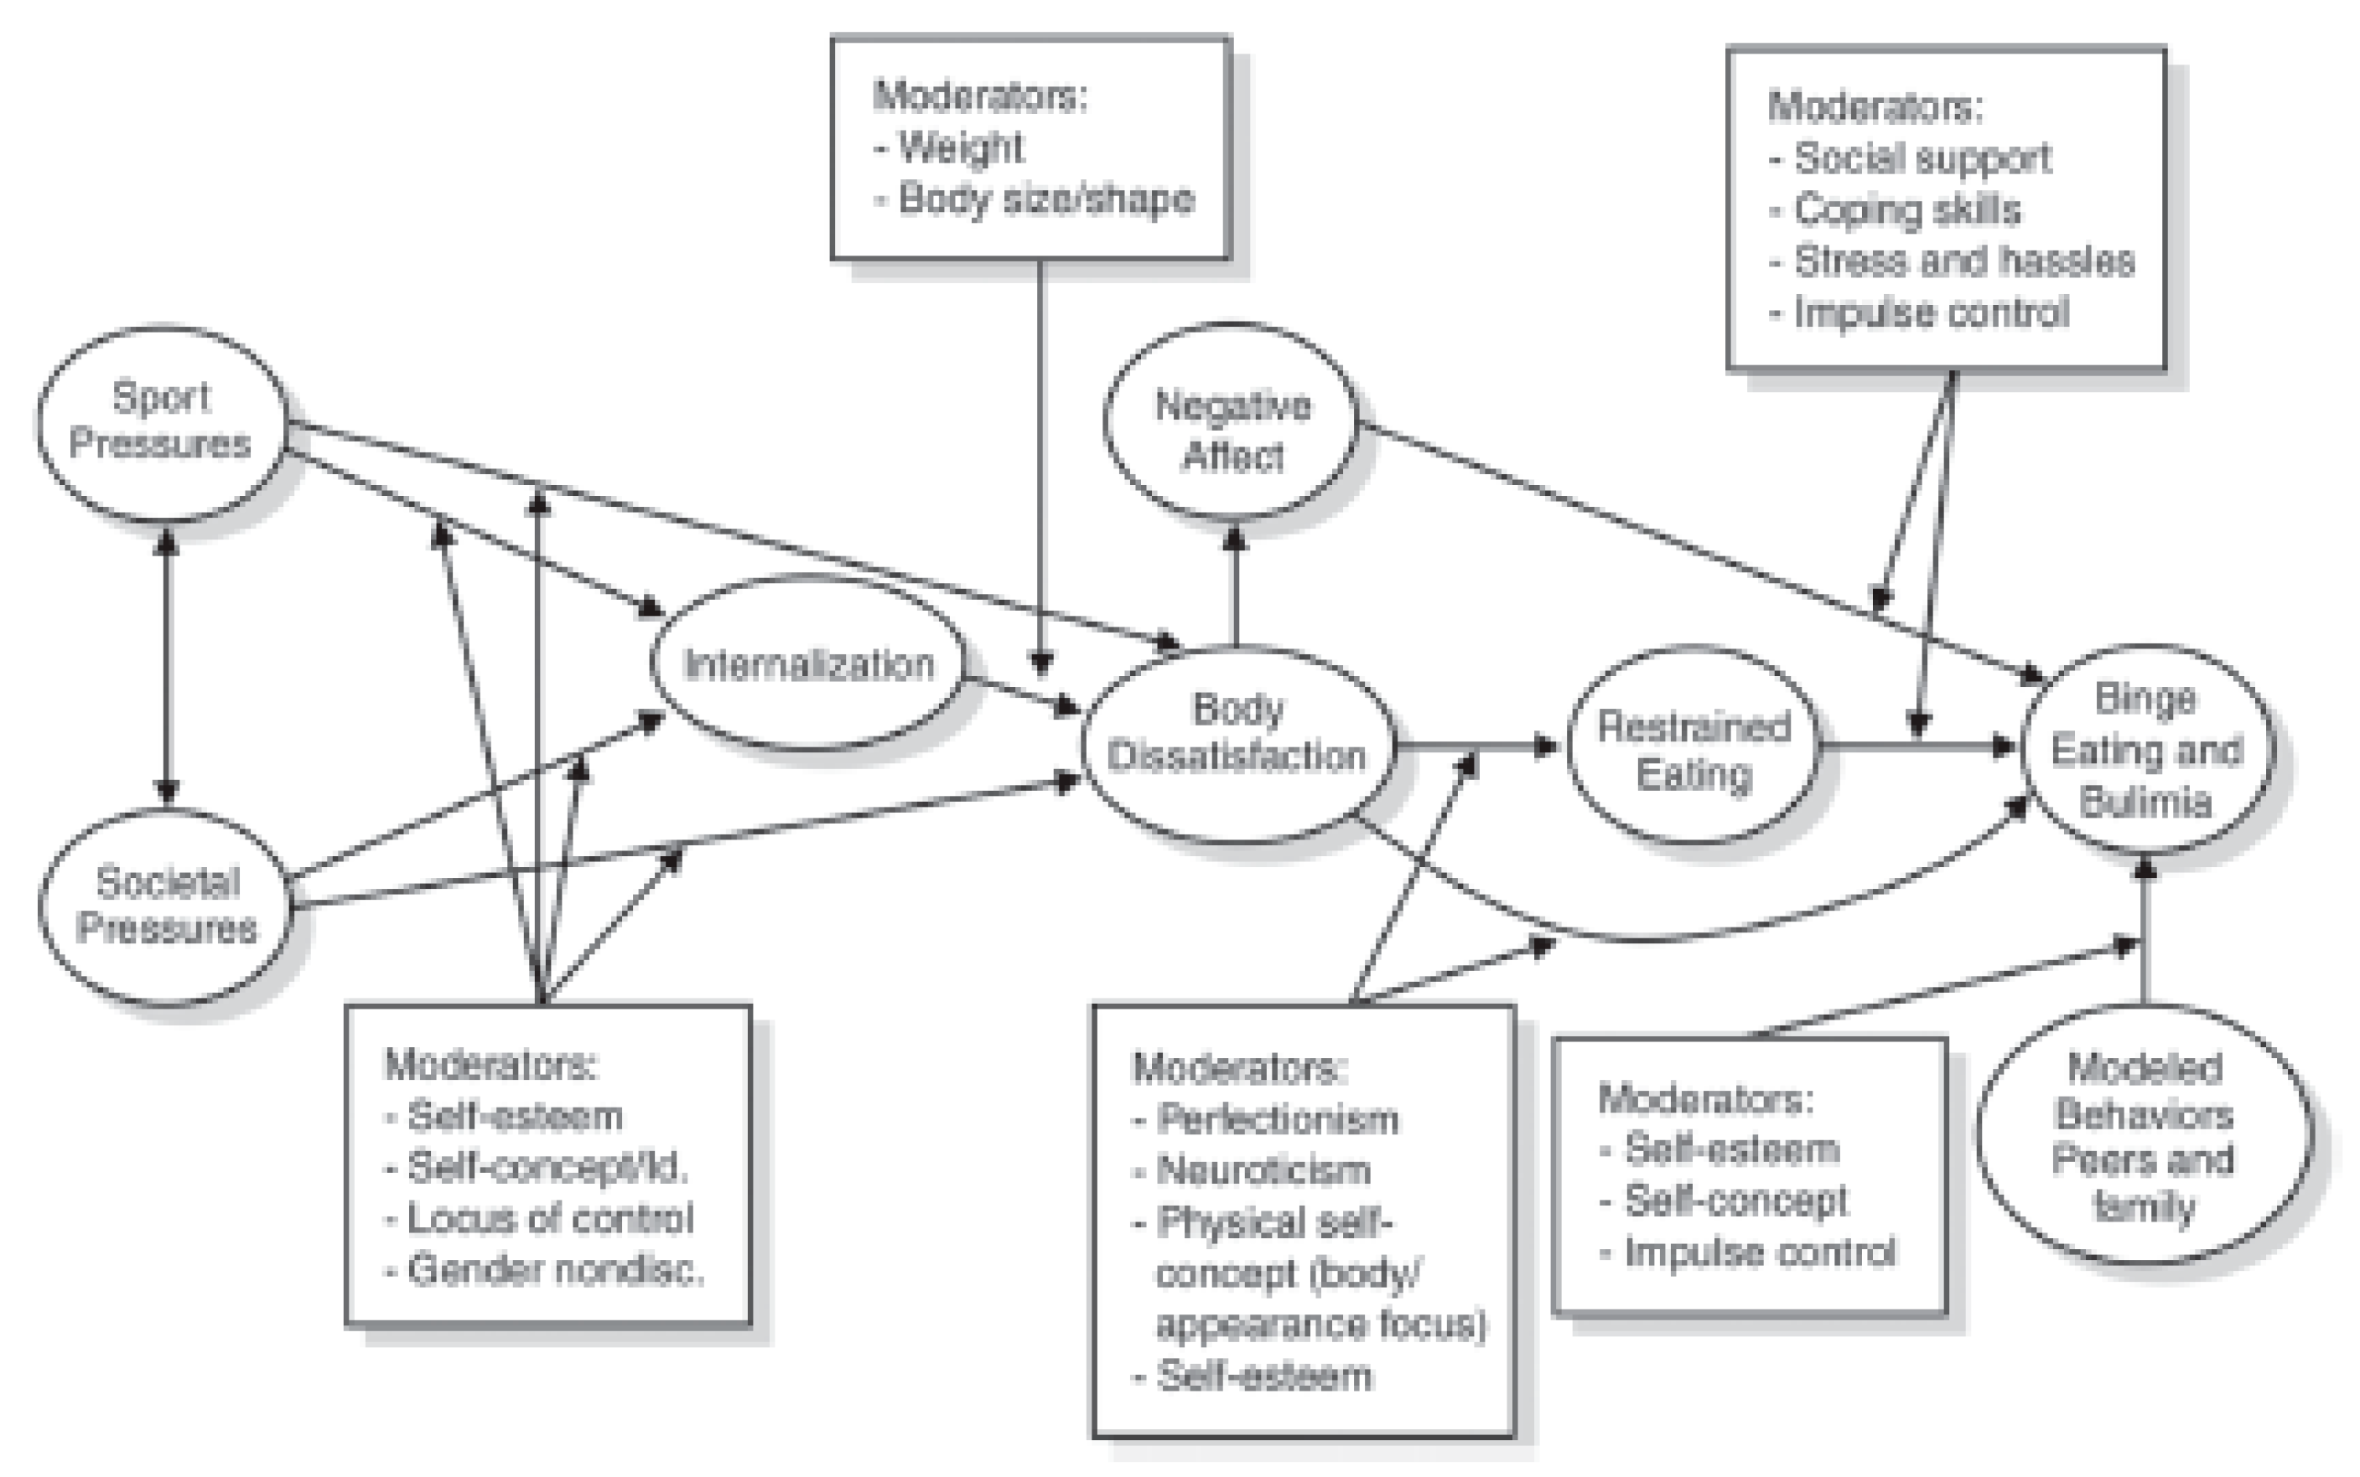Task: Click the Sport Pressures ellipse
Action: (x=162, y=422)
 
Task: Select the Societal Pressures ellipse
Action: (x=166, y=906)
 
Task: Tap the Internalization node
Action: (x=808, y=664)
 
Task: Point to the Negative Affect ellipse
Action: (x=1232, y=430)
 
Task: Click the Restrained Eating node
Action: (x=1693, y=750)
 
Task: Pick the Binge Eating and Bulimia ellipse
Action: (x=2145, y=750)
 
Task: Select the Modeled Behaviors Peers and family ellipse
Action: (x=2144, y=1136)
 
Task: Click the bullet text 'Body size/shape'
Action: (x=1045, y=199)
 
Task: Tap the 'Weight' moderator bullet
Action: (x=960, y=147)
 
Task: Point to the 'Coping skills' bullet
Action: (x=1906, y=209)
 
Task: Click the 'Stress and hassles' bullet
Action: (x=1963, y=261)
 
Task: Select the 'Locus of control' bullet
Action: (x=549, y=1218)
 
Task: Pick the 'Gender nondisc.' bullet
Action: (x=555, y=1269)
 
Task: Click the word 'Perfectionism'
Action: (x=1276, y=1118)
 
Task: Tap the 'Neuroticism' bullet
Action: (x=1263, y=1170)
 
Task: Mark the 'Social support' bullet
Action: (x=1922, y=158)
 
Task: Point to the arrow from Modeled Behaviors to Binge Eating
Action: (x=2144, y=928)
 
